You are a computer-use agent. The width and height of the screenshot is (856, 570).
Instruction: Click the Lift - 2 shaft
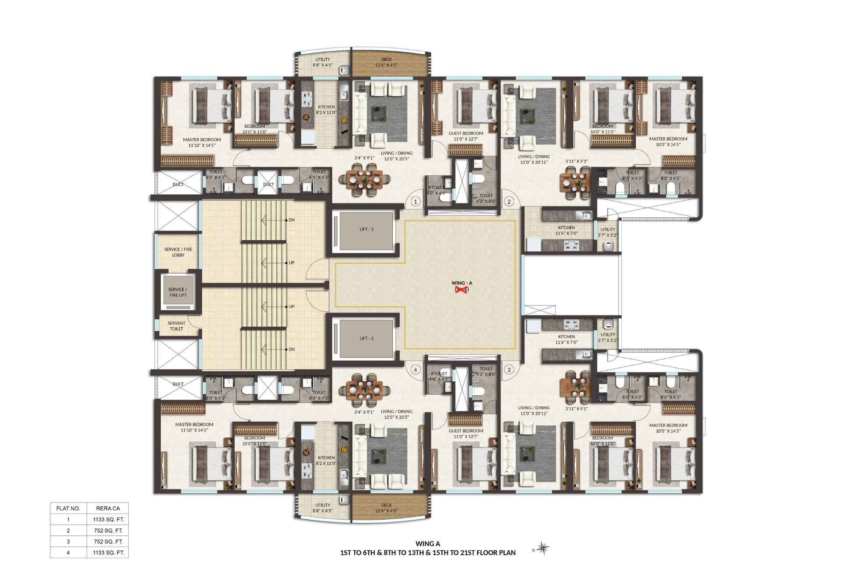(x=366, y=339)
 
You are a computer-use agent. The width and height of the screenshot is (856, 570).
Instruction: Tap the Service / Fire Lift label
(x=178, y=292)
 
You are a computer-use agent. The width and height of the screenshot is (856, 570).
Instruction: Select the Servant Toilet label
(x=176, y=326)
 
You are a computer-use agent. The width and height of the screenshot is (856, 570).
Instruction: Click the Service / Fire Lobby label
(x=178, y=252)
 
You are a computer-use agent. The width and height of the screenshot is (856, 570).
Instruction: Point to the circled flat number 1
(x=416, y=202)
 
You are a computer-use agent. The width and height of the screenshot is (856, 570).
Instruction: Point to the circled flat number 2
(x=509, y=202)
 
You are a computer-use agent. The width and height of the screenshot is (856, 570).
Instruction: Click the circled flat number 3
(x=509, y=370)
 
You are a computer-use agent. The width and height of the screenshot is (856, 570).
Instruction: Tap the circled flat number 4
(x=416, y=370)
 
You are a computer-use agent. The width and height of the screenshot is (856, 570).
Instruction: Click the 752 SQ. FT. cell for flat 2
(x=108, y=531)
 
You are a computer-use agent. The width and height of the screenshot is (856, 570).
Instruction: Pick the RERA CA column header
(x=108, y=508)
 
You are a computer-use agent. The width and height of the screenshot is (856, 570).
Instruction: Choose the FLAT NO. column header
(x=68, y=508)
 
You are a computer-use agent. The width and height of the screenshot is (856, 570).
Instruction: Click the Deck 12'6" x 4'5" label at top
(x=386, y=62)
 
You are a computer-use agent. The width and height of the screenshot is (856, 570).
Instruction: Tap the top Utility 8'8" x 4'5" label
(x=323, y=62)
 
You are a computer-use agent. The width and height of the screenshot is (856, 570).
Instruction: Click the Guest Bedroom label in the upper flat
(x=466, y=136)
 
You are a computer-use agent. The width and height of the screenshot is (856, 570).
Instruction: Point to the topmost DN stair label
(x=292, y=220)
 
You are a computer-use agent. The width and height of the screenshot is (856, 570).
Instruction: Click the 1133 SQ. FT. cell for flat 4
(x=108, y=553)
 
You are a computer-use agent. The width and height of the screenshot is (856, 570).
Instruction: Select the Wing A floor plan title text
(x=428, y=548)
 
